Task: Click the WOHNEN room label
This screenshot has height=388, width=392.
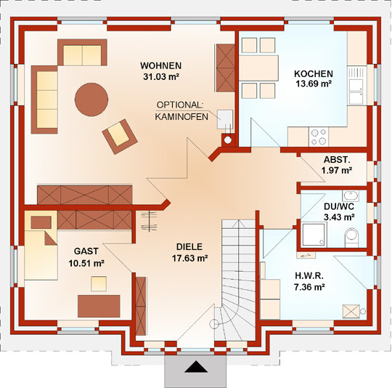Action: pyautogui.click(x=160, y=66)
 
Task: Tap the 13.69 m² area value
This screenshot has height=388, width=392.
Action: pyautogui.click(x=314, y=84)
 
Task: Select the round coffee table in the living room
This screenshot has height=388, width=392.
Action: pyautogui.click(x=91, y=100)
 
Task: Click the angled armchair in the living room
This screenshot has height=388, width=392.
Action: pyautogui.click(x=120, y=137)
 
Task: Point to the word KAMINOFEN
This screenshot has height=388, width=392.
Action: pyautogui.click(x=181, y=117)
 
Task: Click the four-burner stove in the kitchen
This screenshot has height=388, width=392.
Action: pyautogui.click(x=319, y=137)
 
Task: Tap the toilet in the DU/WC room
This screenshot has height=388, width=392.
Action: pyautogui.click(x=351, y=237)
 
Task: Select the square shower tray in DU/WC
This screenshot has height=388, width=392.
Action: pyautogui.click(x=314, y=235)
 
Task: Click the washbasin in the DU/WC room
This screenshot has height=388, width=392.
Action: pyautogui.click(x=351, y=195)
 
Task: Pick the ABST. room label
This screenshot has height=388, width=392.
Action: pyautogui.click(x=337, y=160)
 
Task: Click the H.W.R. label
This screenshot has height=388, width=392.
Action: pyautogui.click(x=309, y=275)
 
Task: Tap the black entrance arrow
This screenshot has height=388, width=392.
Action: pyautogui.click(x=196, y=367)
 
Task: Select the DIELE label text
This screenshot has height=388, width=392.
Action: pyautogui.click(x=189, y=247)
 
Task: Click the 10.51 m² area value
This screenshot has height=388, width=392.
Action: pyautogui.click(x=86, y=263)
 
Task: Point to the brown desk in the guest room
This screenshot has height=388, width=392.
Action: pyautogui.click(x=99, y=306)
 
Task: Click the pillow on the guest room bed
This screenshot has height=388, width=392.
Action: pyautogui.click(x=41, y=222)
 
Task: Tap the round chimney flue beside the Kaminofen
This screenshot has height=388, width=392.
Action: pyautogui.click(x=228, y=140)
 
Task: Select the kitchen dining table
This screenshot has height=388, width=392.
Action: pyautogui.click(x=258, y=68)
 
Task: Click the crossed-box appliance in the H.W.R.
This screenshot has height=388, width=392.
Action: pyautogui.click(x=351, y=312)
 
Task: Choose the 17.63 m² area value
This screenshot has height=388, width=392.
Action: pyautogui.click(x=190, y=258)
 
